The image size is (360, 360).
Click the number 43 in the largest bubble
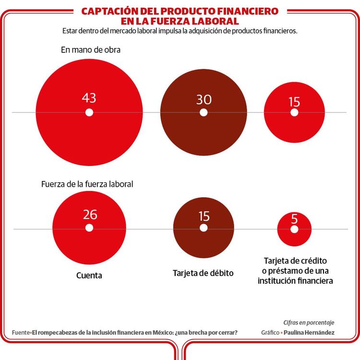coord(89,98)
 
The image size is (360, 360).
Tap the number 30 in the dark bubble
coord(204,99)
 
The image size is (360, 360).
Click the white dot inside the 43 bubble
coord(89,112)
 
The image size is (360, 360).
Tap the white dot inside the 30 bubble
coord(204,112)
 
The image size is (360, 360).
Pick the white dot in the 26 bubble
coord(89,228)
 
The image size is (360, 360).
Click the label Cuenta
coord(89,276)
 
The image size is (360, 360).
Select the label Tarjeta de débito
coord(203,273)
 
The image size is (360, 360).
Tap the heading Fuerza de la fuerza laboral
coord(87,184)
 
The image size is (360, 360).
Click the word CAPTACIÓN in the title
coord(108,11)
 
